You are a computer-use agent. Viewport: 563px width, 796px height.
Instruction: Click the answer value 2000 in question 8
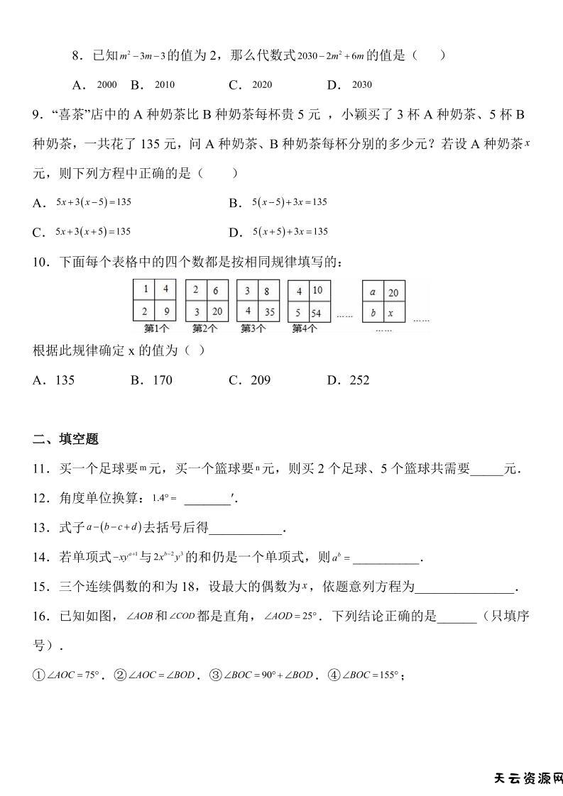106,85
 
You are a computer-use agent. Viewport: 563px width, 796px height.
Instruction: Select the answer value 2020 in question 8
262,85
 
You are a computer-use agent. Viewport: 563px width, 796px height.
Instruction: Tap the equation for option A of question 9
94,202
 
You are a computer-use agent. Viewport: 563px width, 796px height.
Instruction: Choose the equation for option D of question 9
290,232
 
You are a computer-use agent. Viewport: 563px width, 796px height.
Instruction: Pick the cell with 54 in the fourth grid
317,311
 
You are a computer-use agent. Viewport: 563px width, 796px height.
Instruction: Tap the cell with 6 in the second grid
215,290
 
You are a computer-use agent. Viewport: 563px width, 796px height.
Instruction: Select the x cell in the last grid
393,312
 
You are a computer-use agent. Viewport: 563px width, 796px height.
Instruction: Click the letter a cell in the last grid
373,292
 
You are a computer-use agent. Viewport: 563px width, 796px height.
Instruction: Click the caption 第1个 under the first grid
156,328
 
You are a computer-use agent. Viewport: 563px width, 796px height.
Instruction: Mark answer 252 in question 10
359,380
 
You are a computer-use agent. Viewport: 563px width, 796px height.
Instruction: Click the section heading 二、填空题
65,439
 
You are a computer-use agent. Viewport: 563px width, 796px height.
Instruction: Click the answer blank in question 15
464,587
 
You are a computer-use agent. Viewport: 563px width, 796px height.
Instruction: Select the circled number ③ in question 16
214,675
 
